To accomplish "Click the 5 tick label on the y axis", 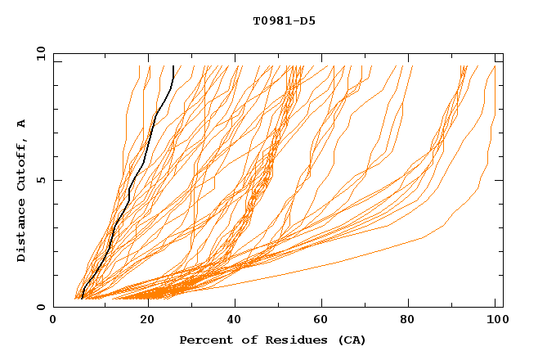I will point(39,180).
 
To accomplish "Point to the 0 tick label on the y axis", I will point(39,307).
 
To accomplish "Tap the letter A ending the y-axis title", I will point(22,123).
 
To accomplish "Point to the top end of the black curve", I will point(173,66).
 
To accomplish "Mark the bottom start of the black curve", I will point(83,298).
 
